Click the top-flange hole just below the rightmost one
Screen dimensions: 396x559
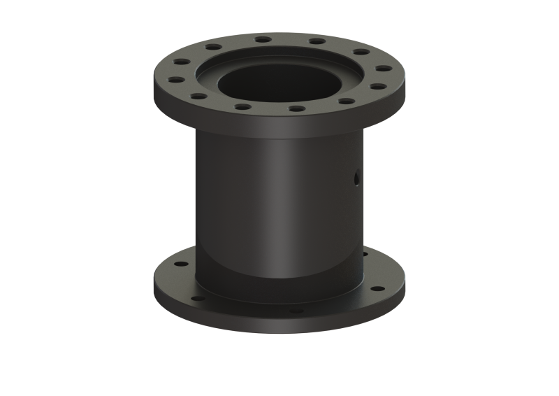(x=375, y=87)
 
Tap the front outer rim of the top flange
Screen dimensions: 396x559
(x=279, y=126)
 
